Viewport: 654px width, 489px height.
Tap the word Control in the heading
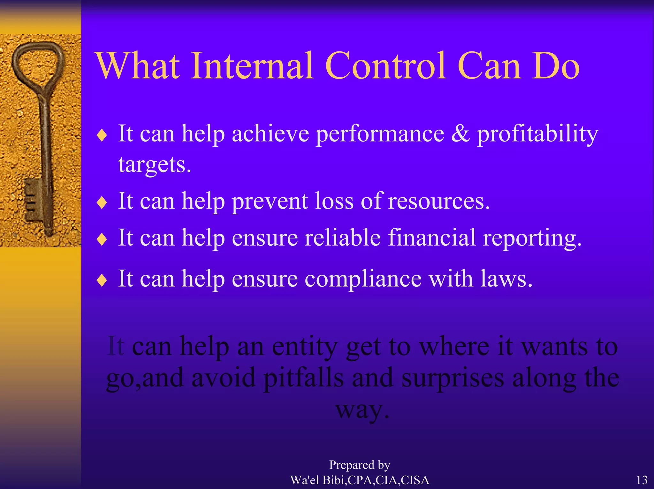pyautogui.click(x=385, y=66)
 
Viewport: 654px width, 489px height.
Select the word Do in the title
pyautogui.click(x=555, y=66)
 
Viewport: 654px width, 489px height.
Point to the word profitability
pyautogui.click(x=537, y=134)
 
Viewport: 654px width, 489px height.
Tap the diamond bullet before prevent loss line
pyautogui.click(x=102, y=202)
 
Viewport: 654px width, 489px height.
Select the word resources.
pyautogui.click(x=439, y=202)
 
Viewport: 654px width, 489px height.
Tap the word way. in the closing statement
pyautogui.click(x=362, y=410)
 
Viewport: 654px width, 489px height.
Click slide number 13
pyautogui.click(x=642, y=480)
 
